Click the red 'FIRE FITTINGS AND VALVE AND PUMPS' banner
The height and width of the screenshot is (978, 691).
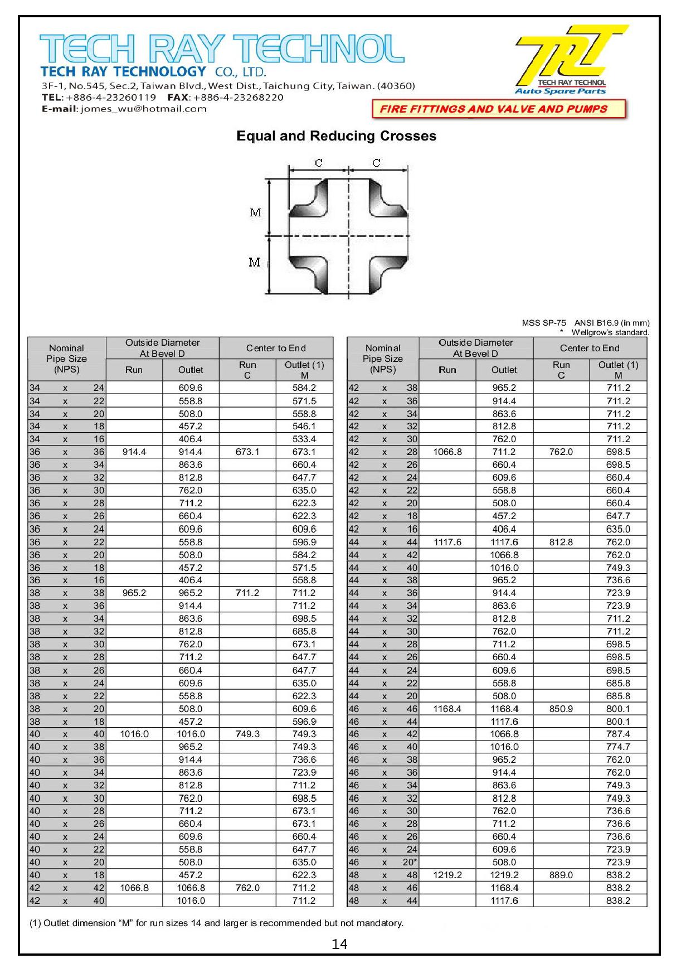pos(499,109)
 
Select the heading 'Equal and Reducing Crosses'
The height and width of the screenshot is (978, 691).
pos(336,136)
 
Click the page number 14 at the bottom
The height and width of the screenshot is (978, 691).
pos(339,943)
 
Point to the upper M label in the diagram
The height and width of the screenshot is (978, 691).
pos(255,212)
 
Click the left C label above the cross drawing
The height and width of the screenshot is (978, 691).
pos(318,163)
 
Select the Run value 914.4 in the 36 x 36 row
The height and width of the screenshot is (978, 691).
pos(134,452)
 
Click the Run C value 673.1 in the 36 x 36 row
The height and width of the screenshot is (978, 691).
pos(247,452)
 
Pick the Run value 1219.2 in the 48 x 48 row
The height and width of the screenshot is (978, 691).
pos(447,875)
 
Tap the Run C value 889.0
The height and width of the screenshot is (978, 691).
pos(561,875)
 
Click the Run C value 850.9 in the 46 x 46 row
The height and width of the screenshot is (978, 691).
pos(561,709)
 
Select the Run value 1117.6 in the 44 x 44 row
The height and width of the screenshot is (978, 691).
pos(447,542)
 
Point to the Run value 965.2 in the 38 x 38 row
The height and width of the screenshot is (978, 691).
pos(134,593)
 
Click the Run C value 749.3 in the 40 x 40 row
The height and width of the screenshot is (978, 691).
pos(247,734)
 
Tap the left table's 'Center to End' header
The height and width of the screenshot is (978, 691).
pos(276,348)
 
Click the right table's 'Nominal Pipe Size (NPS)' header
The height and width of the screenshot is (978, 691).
pos(383,359)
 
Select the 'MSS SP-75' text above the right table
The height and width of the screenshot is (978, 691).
pos(544,323)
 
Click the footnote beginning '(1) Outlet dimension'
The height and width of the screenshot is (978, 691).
pos(216,923)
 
